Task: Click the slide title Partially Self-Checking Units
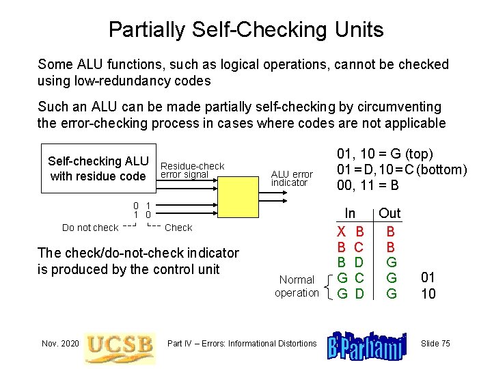click(x=246, y=29)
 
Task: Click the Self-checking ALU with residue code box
click(x=98, y=169)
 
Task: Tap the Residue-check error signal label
click(x=192, y=170)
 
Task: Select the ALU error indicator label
click(x=292, y=178)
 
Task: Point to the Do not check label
click(x=90, y=228)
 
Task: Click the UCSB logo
click(x=120, y=344)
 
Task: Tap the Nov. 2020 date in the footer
click(x=59, y=343)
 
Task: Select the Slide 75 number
click(x=435, y=343)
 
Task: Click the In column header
click(x=350, y=214)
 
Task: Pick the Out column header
click(x=390, y=214)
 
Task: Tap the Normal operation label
click(x=297, y=286)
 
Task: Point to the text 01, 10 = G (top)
click(x=385, y=154)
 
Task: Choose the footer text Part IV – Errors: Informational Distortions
click(x=242, y=343)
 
